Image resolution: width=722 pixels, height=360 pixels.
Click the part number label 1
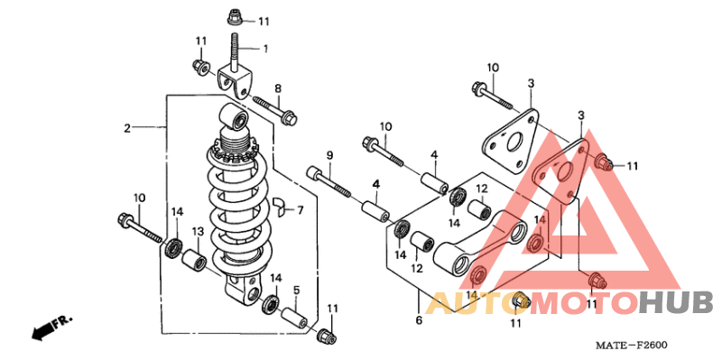pos(265,49)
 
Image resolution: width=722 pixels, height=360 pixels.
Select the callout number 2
pos(127,128)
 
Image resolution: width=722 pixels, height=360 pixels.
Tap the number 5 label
pos(297,290)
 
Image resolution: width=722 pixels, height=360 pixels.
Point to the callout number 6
pos(419,320)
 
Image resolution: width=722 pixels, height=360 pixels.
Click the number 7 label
pos(301,210)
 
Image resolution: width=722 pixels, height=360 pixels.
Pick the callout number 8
pos(278,88)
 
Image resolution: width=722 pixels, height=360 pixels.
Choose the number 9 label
pos(329,155)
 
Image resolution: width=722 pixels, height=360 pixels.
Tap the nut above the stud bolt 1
pos(235,19)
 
